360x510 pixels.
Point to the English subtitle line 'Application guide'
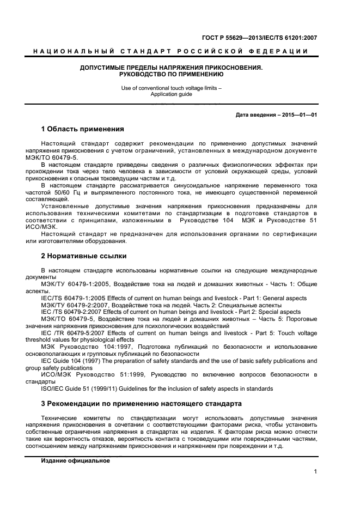pyautogui.click(x=171, y=94)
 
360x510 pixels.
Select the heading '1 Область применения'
pyautogui.click(x=83, y=130)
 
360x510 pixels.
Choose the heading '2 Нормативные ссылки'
pyautogui.click(x=84, y=256)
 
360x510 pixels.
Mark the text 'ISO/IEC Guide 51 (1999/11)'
pyautogui.click(x=82, y=388)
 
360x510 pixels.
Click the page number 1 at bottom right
pyautogui.click(x=315, y=472)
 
